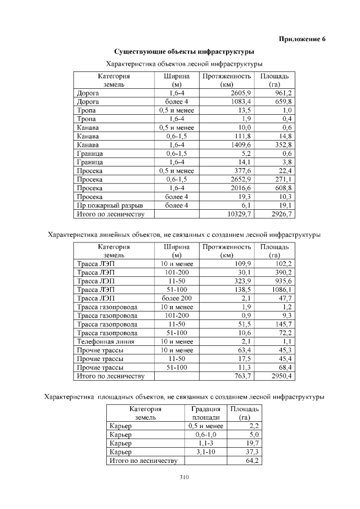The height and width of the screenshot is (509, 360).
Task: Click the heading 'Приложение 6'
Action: tap(302, 39)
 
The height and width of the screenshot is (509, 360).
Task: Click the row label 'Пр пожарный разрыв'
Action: tap(109, 206)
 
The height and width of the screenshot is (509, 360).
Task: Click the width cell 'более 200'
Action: tap(177, 299)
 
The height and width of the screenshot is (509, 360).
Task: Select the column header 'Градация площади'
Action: tap(205, 414)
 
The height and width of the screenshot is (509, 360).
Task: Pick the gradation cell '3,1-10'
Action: tap(205, 452)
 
